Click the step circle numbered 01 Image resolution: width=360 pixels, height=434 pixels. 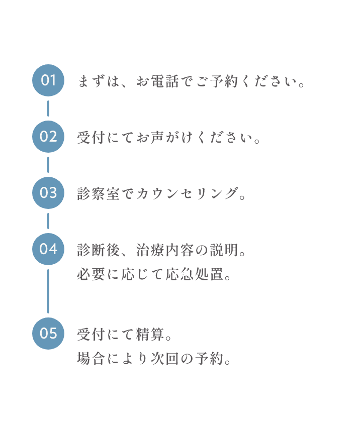[x=48, y=80]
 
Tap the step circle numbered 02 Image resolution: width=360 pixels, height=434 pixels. [x=48, y=137]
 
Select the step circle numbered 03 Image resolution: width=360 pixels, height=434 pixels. [x=48, y=193]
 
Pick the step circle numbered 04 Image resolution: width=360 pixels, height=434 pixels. [x=48, y=249]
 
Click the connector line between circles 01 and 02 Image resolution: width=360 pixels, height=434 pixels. [x=48, y=108]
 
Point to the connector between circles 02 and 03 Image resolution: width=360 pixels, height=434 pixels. [x=48, y=165]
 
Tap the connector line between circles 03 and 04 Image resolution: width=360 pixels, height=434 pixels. [x=48, y=221]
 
